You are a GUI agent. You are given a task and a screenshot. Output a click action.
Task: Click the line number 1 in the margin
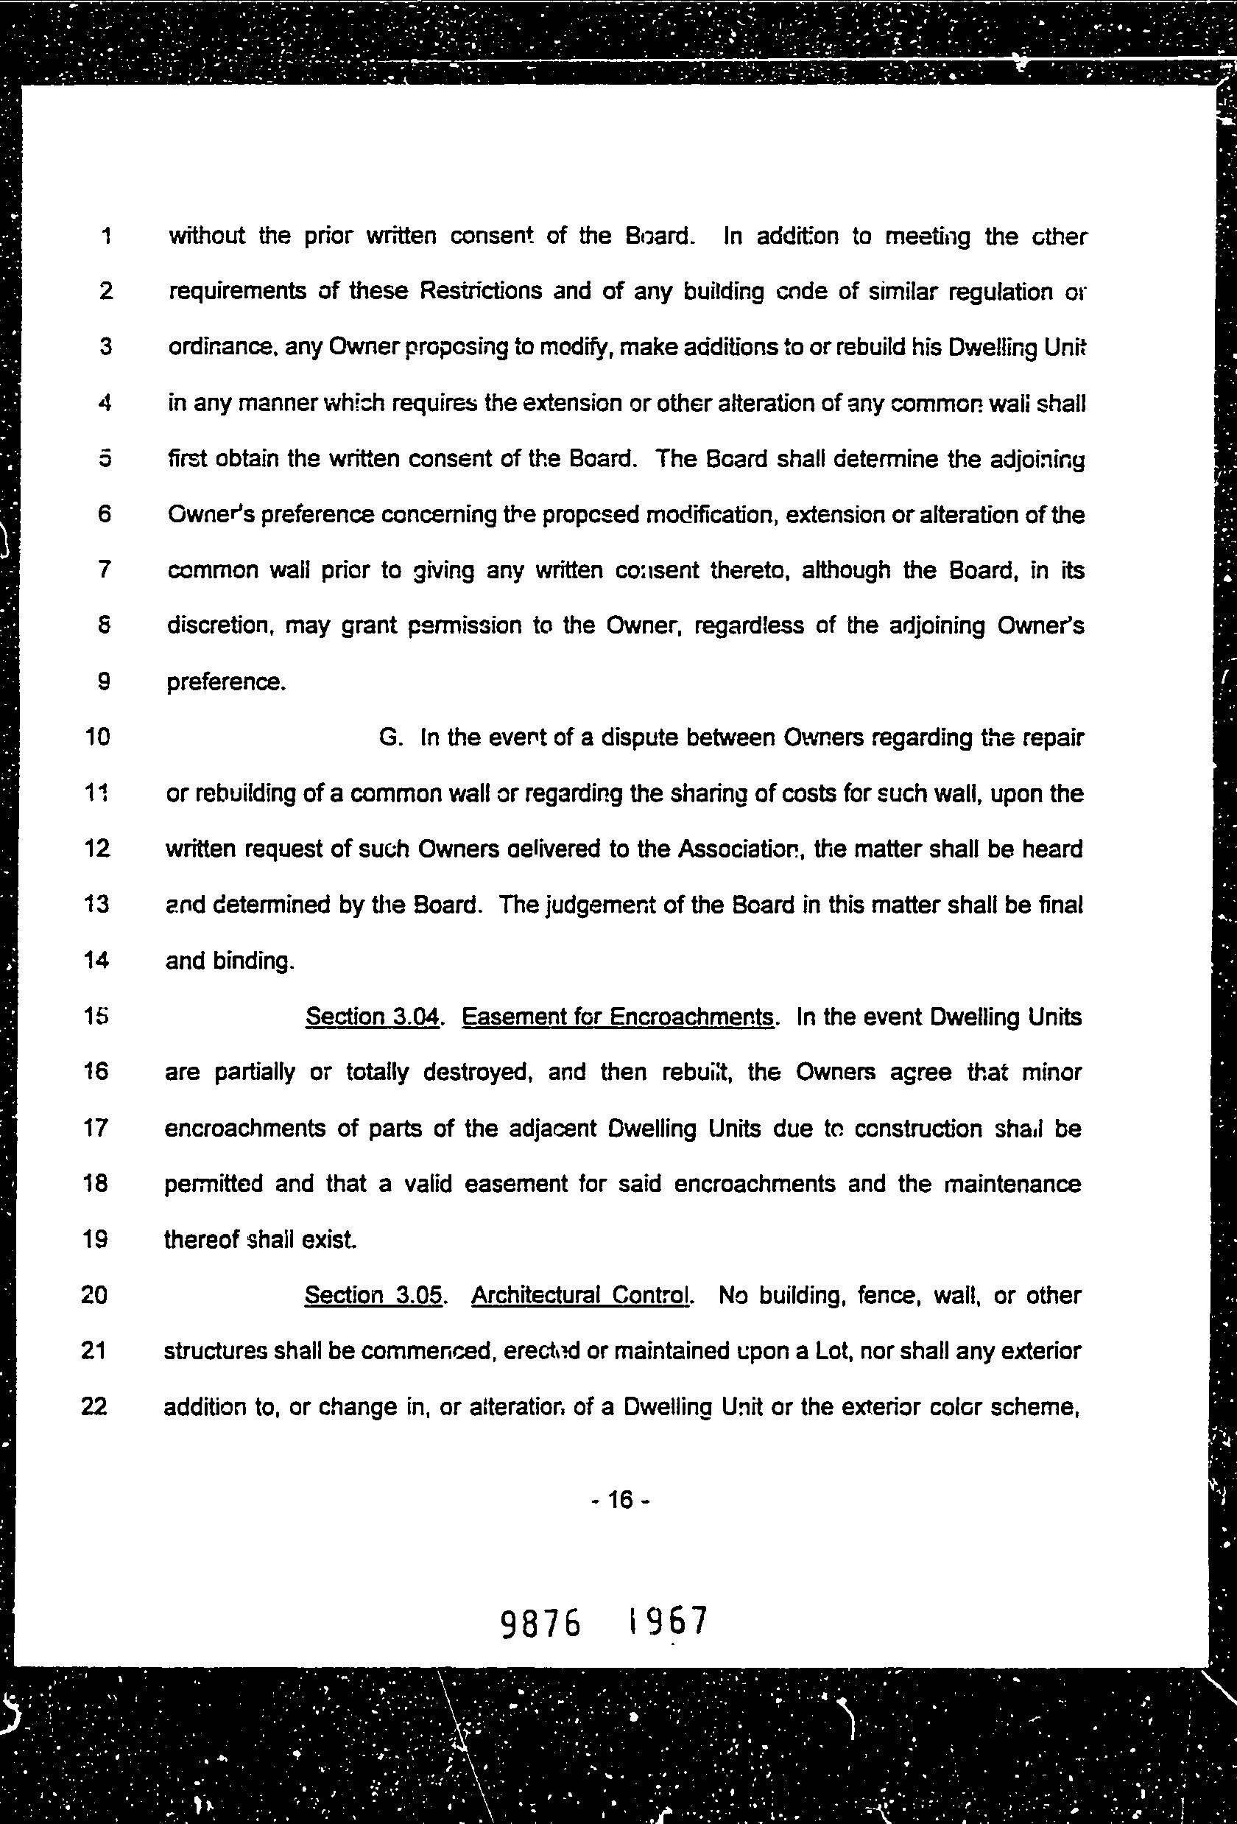click(105, 236)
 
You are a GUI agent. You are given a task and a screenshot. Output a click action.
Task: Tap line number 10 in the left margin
click(96, 737)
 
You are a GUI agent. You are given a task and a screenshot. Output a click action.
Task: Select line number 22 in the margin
click(94, 1406)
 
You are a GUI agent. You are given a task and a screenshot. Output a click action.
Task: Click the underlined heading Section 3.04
click(372, 1017)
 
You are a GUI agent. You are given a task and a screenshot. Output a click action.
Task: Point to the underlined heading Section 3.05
click(373, 1295)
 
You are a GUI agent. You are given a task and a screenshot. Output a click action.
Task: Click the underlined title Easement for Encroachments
click(617, 1017)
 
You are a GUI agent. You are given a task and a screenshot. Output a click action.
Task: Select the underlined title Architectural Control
click(580, 1295)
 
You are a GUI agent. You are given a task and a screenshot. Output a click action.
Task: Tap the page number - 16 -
click(620, 1500)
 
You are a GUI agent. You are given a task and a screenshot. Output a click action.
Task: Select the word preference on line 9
click(225, 682)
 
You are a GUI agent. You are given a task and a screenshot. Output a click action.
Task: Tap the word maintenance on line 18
click(1012, 1184)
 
